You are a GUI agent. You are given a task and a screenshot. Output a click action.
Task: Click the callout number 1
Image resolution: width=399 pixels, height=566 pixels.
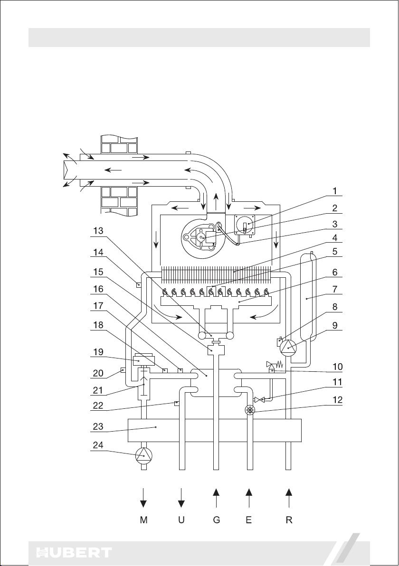click(x=335, y=190)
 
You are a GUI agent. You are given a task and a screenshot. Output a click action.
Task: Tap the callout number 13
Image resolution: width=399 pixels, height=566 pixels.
click(x=99, y=231)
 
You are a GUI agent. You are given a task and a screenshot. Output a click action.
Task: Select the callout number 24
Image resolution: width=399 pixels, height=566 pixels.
click(x=99, y=445)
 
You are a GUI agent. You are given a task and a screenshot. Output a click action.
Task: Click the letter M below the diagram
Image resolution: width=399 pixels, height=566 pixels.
click(x=144, y=520)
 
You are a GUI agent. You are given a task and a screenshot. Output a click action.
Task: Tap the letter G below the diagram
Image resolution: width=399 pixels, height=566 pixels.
click(x=216, y=520)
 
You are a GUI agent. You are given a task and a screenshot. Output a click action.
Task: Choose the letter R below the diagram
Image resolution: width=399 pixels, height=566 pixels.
click(x=288, y=520)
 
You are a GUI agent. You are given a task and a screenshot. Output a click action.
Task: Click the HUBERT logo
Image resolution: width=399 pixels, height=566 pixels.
click(x=74, y=553)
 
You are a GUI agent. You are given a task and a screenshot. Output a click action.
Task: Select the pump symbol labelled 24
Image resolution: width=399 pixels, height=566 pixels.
click(x=144, y=456)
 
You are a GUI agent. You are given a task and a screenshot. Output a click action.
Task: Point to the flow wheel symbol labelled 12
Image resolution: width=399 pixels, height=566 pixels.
click(x=249, y=409)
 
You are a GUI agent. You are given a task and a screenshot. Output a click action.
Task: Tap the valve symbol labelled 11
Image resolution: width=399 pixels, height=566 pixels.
click(x=260, y=399)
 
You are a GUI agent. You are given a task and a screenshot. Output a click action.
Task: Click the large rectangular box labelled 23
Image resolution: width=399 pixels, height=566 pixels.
click(x=215, y=430)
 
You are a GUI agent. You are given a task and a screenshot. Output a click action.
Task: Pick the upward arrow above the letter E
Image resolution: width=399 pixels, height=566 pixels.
click(x=249, y=498)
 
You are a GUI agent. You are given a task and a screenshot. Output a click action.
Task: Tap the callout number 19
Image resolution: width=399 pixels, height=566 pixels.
click(x=99, y=352)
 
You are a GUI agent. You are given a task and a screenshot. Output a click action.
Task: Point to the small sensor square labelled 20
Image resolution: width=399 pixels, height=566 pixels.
click(x=123, y=369)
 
